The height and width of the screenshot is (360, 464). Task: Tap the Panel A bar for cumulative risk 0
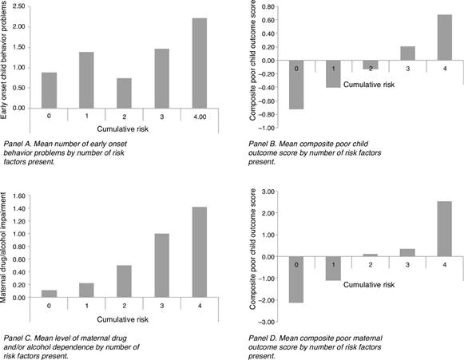point(48,89)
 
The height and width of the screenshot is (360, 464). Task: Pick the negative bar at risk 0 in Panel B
point(295,84)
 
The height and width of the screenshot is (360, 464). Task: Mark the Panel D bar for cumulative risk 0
point(295,279)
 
